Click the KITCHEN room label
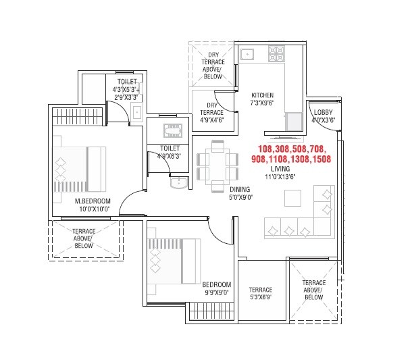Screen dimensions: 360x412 tap(262, 95)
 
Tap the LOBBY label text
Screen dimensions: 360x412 tap(323, 112)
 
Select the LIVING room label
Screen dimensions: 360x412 tap(280, 168)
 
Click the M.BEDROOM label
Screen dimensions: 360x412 tap(92, 201)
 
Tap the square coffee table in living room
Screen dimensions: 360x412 tap(293, 198)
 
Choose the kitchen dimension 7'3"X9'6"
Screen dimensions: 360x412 tap(262, 104)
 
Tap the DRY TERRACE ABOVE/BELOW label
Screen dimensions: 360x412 tap(213, 66)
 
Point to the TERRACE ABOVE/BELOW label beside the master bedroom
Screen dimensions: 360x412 tap(84, 238)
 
